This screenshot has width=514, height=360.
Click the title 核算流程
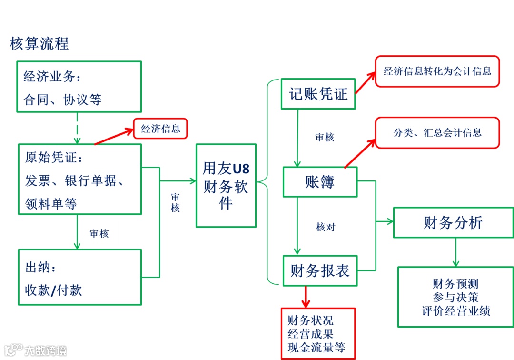40,43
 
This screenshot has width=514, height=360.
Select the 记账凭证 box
318,94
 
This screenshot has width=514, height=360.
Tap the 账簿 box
320,181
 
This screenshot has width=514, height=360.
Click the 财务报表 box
320,271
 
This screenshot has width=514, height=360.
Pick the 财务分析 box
453,222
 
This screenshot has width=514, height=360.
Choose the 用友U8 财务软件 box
226,186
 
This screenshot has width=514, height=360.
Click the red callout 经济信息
160,129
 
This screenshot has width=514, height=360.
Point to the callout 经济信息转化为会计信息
437,71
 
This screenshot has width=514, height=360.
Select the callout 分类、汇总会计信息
437,132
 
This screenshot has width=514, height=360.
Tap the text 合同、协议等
63,100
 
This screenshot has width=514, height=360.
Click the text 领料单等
51,204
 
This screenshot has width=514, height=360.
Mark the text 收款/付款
54,290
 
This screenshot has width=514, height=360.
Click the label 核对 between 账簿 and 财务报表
326,227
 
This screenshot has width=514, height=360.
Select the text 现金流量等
316,347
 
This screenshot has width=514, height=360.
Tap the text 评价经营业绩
455,311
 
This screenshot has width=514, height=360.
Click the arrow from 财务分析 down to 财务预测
455,252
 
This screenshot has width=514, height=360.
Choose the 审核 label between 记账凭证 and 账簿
325,138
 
